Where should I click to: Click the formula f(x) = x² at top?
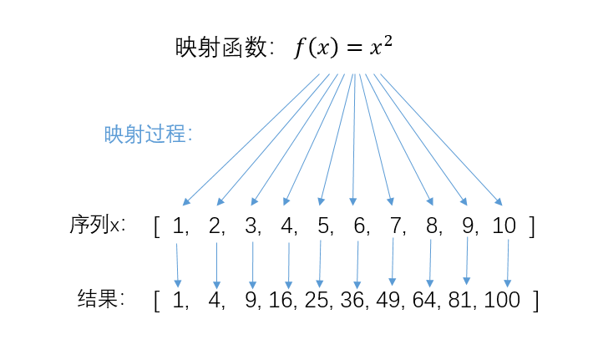(x=342, y=48)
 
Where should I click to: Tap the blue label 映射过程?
(x=148, y=134)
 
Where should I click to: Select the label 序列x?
(x=98, y=225)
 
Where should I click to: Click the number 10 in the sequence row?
(x=504, y=226)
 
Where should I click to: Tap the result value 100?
(x=502, y=301)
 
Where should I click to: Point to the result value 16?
(x=282, y=301)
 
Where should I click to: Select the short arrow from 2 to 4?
(x=216, y=264)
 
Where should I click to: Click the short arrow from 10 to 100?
(x=508, y=264)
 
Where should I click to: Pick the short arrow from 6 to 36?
(x=357, y=264)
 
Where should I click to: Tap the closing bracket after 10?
(x=532, y=226)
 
